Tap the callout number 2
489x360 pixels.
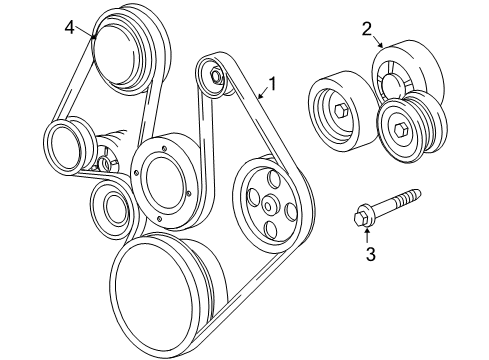366,29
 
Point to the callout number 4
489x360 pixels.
69,27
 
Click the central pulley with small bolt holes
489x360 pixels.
164,177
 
